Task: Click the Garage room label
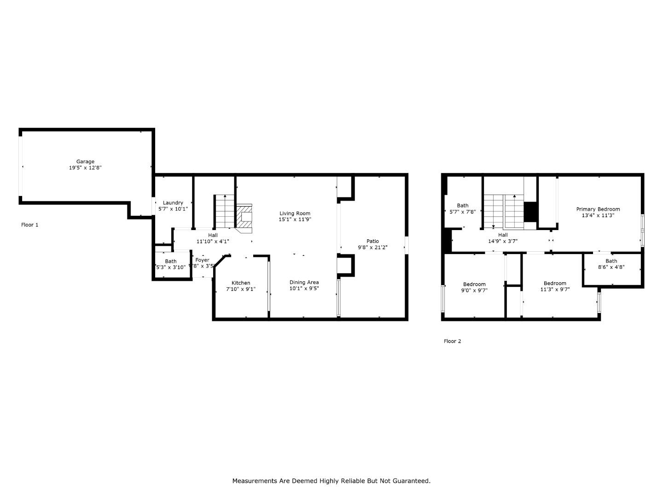[x=85, y=161]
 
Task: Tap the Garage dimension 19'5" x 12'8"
[x=85, y=168]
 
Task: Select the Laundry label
[x=173, y=202]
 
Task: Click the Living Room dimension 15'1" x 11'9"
[x=295, y=219]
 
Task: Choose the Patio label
[x=372, y=241]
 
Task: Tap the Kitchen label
[x=241, y=283]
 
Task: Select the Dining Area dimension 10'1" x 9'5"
[x=304, y=289]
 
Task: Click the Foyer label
[x=202, y=260]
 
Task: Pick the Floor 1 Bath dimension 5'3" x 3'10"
[x=171, y=267]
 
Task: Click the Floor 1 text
[x=30, y=225]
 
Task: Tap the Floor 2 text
[x=452, y=341]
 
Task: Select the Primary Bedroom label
[x=598, y=209]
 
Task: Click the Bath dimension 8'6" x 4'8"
[x=611, y=267]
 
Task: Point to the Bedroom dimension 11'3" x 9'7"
[x=555, y=290]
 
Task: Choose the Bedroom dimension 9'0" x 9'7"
[x=474, y=290]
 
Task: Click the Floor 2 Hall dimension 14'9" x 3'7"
[x=503, y=241]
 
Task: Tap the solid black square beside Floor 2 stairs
[x=531, y=212]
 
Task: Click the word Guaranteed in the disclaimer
[x=408, y=480]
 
